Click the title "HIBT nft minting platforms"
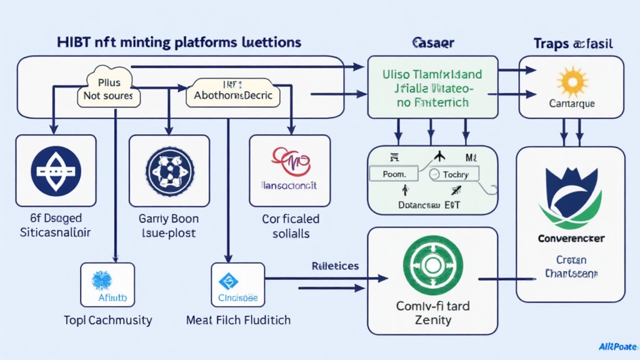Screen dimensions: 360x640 click(153, 42)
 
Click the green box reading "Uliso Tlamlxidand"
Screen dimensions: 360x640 click(432, 87)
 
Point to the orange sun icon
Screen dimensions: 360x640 click(571, 82)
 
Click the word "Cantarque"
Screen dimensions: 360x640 click(571, 103)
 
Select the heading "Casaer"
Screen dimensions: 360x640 click(432, 43)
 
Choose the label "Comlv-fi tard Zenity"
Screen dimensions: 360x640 click(432, 312)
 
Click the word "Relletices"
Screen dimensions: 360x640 click(335, 266)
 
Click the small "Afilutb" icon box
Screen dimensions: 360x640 click(107, 285)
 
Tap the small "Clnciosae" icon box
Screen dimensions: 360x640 click(238, 285)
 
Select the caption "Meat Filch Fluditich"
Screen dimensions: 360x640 click(238, 320)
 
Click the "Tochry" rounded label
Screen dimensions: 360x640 click(455, 174)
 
